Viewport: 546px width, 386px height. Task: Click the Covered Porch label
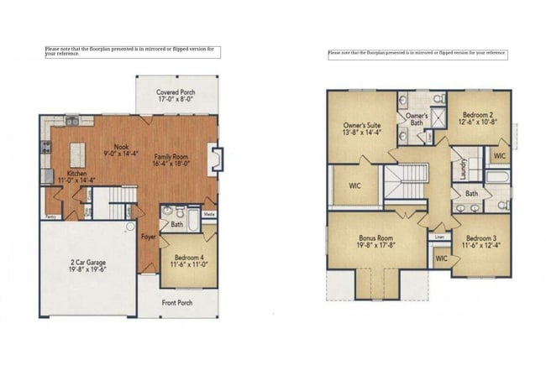pos(176,91)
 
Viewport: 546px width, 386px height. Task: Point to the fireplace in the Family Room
pos(216,159)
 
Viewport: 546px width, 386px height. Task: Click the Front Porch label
pos(177,303)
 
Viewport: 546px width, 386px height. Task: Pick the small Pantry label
pos(51,216)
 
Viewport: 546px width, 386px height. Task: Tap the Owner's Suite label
pos(362,124)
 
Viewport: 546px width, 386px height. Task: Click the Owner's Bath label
pos(417,118)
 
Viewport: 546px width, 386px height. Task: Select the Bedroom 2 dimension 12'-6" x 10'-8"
pos(477,121)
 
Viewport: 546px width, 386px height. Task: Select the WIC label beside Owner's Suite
pos(354,185)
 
